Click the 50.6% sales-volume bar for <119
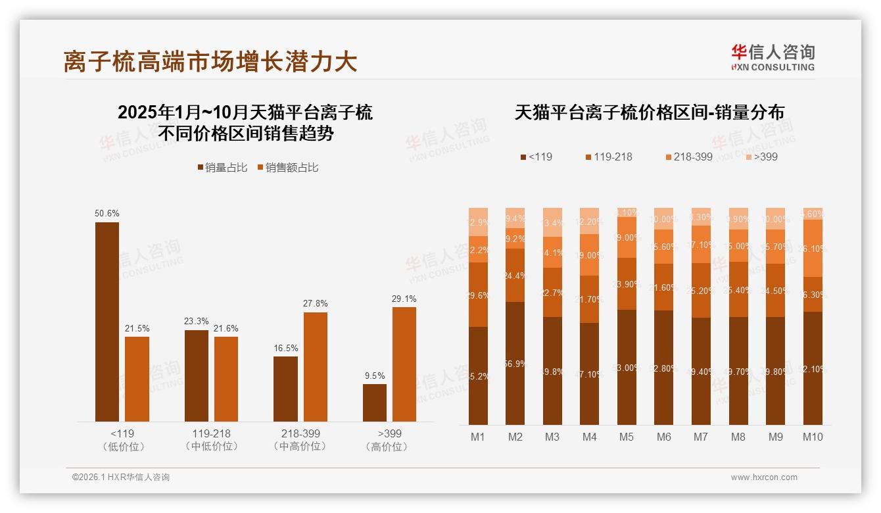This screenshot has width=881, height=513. (x=107, y=322)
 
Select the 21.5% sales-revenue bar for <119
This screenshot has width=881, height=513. (x=137, y=379)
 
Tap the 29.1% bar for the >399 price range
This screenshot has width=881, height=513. (x=404, y=364)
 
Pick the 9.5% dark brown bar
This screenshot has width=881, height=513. (x=375, y=403)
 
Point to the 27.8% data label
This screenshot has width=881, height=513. (x=315, y=304)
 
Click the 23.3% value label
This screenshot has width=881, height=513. (x=196, y=322)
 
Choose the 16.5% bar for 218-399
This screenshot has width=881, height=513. (x=285, y=389)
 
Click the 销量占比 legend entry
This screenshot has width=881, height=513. (x=222, y=168)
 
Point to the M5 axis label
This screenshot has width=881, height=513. (x=626, y=437)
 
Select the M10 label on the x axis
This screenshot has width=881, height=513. (x=813, y=437)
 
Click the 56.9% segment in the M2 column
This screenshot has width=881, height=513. (x=515, y=363)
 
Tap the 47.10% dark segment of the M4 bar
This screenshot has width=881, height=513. (x=590, y=374)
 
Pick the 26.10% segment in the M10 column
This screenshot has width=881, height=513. (x=813, y=248)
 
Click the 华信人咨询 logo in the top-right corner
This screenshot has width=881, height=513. (x=773, y=57)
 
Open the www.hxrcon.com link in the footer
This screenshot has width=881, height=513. (x=764, y=477)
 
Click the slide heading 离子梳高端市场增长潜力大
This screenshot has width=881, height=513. (x=210, y=62)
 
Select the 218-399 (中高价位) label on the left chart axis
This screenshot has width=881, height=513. (x=300, y=440)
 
